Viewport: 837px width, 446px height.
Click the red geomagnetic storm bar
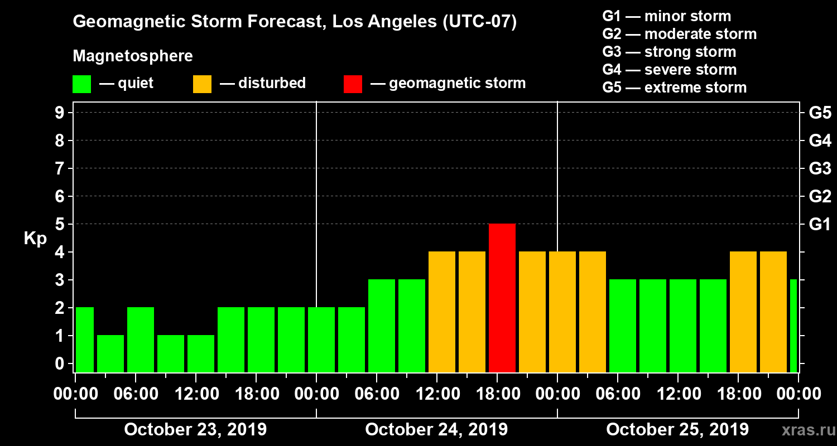[x=502, y=298]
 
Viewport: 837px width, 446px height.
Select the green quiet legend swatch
[x=81, y=84]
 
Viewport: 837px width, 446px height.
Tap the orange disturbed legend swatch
[x=202, y=84]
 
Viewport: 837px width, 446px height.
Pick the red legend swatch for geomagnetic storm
[x=353, y=84]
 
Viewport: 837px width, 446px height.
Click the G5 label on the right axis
[x=820, y=113]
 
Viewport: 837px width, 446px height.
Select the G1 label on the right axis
[x=820, y=225]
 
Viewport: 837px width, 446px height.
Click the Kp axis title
[x=35, y=239]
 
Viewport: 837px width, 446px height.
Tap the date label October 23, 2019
[x=195, y=430]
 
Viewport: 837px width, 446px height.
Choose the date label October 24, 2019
[x=436, y=430]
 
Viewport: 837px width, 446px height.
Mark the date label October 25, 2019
[x=677, y=430]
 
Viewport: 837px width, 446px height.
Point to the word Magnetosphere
[x=133, y=56]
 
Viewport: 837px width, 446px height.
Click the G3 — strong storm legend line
[x=669, y=52]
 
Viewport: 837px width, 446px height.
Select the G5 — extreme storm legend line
[x=674, y=88]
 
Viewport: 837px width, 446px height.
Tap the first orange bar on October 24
[x=442, y=312]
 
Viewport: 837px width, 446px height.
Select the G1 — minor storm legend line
[x=667, y=16]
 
